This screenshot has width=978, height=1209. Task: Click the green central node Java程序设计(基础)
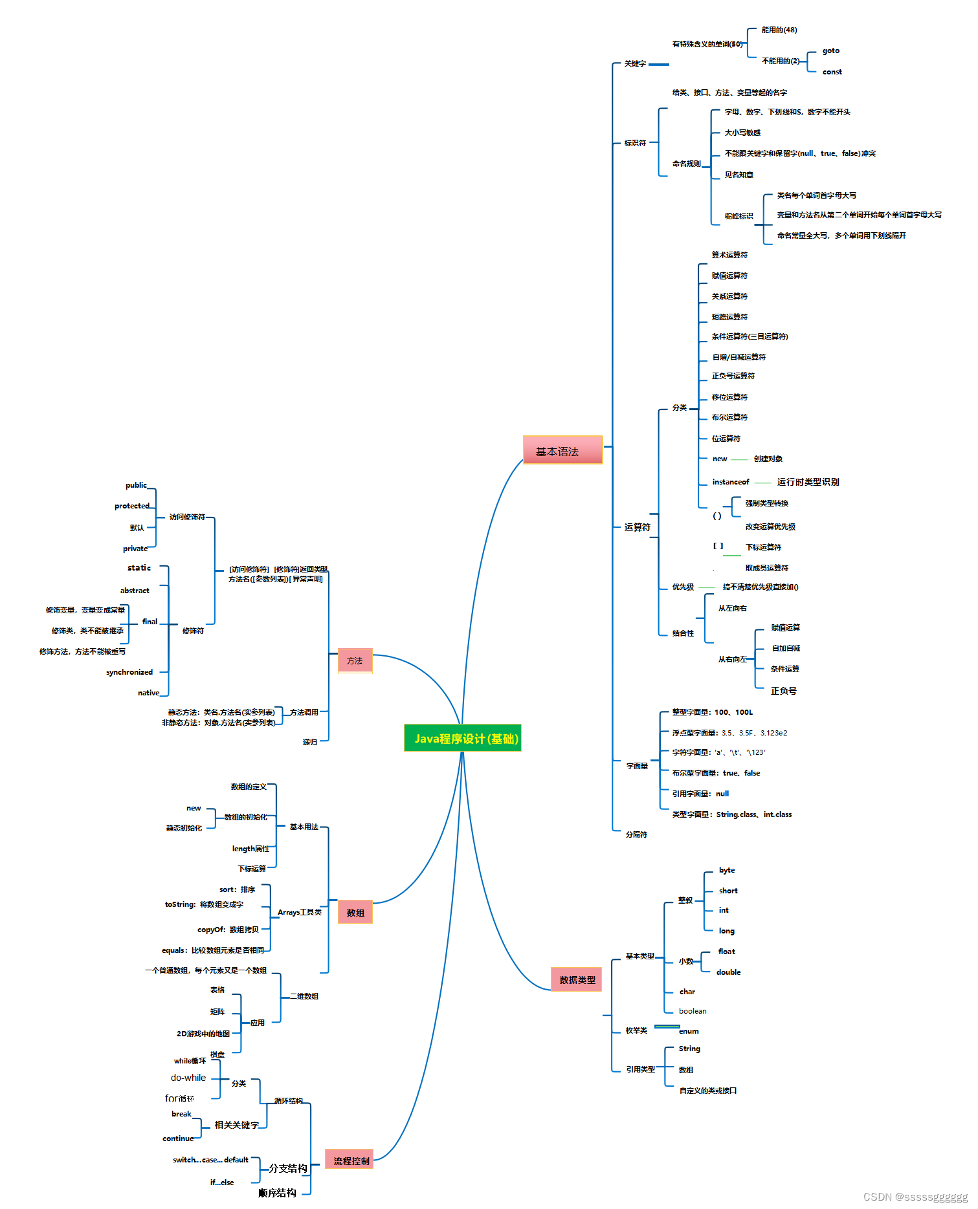coord(463,738)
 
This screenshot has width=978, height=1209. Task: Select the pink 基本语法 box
coord(562,450)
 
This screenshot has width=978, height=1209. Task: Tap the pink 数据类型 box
coord(577,979)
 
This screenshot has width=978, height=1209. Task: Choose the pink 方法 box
coord(355,660)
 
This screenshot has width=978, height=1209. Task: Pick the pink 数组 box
coord(355,912)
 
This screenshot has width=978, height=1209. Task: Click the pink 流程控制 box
coord(350,1160)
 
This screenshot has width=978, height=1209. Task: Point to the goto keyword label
coord(831,50)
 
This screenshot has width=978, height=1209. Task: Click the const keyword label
coord(832,72)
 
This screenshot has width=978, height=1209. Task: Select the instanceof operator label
coord(731,482)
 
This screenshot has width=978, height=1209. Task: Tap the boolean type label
coord(693,1011)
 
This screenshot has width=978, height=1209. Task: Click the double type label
coord(728,972)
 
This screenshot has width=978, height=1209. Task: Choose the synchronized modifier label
coord(129,672)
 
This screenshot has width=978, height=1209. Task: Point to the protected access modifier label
coord(132,506)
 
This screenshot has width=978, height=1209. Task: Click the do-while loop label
coord(188,1078)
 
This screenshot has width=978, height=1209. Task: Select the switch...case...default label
coord(210,1160)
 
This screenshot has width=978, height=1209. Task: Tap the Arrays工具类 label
coord(300,912)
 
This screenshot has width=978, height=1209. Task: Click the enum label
coord(689,1031)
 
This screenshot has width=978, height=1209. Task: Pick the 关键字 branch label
coord(635,63)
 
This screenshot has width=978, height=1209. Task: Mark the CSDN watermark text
coord(915,1197)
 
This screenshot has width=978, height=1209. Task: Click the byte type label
coord(727,870)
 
